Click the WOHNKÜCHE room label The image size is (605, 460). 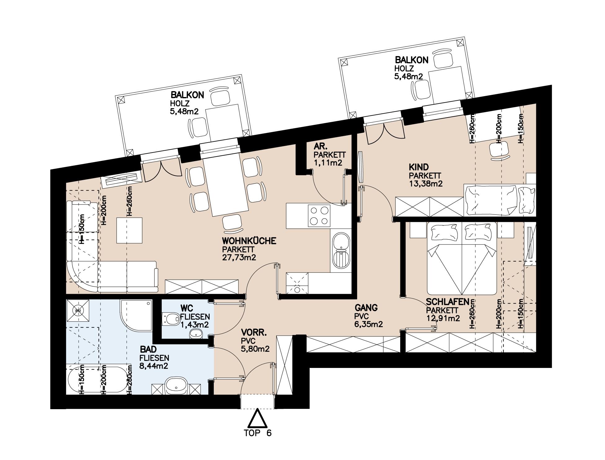tap(249, 241)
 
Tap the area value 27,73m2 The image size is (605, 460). tap(239, 257)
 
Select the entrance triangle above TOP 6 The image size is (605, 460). tap(257, 419)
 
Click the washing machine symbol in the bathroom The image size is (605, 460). tap(77, 310)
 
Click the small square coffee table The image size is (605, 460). tap(130, 230)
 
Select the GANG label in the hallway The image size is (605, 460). tap(366, 308)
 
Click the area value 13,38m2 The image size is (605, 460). tap(426, 184)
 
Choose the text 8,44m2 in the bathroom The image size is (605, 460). tap(154, 366)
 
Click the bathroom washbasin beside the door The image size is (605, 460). tap(176, 386)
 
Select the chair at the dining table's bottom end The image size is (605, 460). tap(232, 223)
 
